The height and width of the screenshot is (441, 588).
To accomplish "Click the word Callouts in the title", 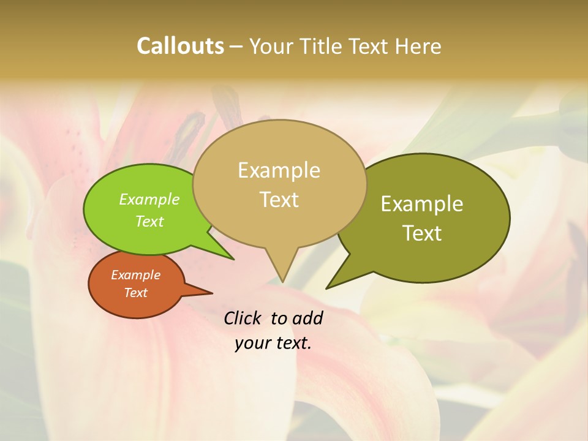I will pos(180,46).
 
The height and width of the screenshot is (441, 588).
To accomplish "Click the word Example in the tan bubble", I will pos(279,170).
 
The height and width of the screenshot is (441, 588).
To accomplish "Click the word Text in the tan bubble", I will pos(279,200).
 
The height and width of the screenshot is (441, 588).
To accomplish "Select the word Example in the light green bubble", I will pos(149,200).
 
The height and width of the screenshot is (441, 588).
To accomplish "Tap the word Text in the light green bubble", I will pos(149,222).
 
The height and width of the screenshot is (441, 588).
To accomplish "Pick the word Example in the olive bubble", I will pos(422,204).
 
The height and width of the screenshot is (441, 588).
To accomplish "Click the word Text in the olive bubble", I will pos(422,233).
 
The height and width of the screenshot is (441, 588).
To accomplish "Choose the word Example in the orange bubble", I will pos(135,275).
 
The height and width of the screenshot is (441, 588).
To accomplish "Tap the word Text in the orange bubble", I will pos(135,293).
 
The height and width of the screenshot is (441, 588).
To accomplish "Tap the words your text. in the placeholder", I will pos(273,343).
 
